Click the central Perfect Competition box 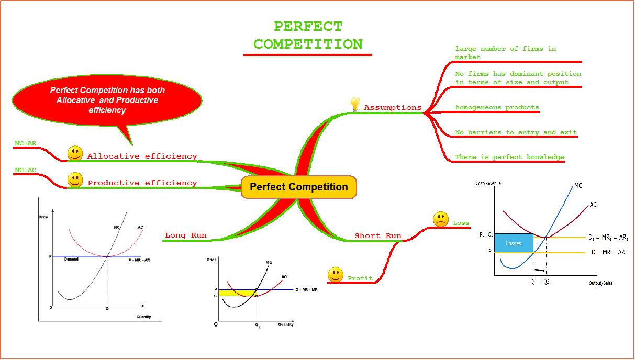coord(298,187)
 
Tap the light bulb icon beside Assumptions coord(355,104)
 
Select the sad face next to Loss coord(441,220)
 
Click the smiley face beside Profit coord(335,275)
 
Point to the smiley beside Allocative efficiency coord(75,153)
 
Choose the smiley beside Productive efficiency coord(75,180)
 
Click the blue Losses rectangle coord(514,243)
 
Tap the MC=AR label coord(26,143)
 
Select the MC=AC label coord(26,170)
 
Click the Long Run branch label coord(186,235)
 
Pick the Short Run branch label coord(378,236)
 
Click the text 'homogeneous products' coord(497,107)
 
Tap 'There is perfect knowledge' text coord(509,157)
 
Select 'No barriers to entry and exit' coord(516,132)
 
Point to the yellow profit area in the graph coord(236,293)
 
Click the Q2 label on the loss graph coord(547,282)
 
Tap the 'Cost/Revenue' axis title coord(488,183)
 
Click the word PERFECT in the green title coord(308,26)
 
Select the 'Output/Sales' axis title coord(600,283)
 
